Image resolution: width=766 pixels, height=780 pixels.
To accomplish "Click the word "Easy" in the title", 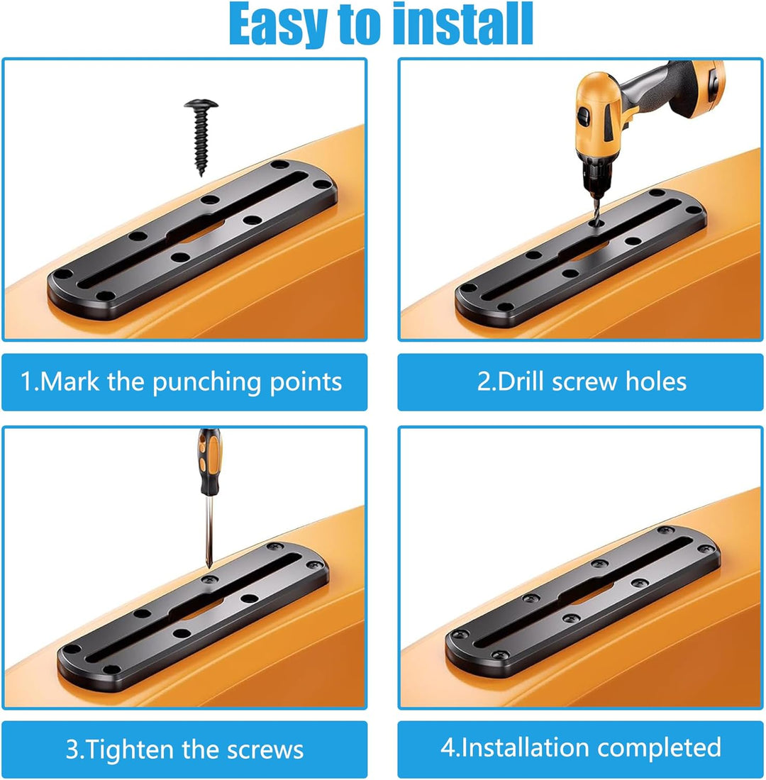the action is click(278, 24).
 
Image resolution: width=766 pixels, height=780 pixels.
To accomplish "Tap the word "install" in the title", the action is click(463, 24).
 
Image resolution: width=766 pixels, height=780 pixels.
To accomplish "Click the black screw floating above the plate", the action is click(201, 136).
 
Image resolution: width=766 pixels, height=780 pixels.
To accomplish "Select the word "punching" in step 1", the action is click(207, 382).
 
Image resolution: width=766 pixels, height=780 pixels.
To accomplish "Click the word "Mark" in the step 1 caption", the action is click(69, 381).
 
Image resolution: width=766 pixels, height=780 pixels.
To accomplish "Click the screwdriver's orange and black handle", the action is click(209, 462).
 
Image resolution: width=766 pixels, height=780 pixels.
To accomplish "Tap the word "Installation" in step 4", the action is click(525, 747).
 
